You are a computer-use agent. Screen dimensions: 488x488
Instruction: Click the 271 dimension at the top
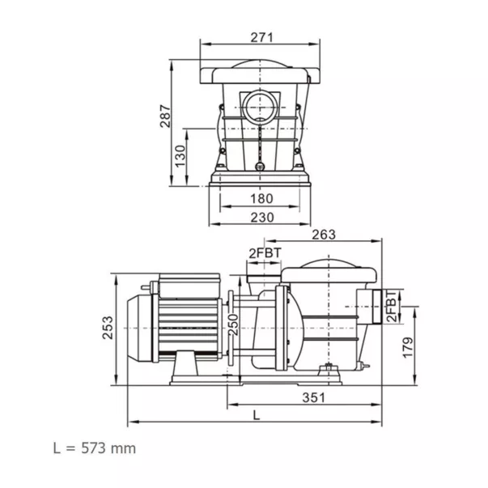coord(261,37)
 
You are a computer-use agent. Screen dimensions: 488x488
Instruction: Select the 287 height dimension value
coord(165,117)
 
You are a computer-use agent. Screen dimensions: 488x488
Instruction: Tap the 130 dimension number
coord(180,156)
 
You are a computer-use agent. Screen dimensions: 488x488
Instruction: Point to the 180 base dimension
coord(261,198)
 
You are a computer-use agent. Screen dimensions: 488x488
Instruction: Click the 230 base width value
coord(262,217)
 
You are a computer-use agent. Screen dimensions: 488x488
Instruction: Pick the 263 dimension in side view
coord(324,235)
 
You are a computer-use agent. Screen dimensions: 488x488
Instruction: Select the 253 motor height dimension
coord(108,328)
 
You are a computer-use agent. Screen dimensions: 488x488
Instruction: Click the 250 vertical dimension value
coord(233,325)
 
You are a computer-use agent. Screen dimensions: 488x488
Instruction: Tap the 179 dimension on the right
coord(408,347)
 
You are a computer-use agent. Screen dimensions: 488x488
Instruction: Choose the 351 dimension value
coord(313,397)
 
